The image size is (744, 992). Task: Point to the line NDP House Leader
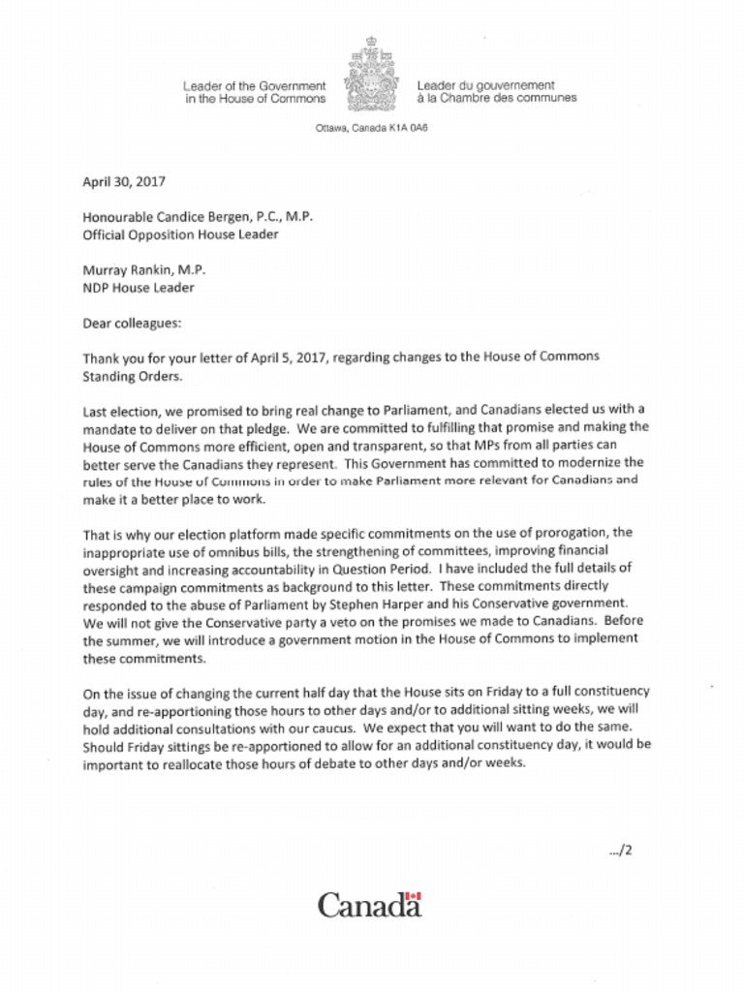tap(139, 287)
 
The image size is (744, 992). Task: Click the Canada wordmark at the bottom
tap(369, 907)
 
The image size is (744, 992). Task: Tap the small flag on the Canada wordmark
tap(414, 896)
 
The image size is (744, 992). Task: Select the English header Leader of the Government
tap(254, 86)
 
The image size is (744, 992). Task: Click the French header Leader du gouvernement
tap(485, 86)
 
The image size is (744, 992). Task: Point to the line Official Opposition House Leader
tap(181, 234)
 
